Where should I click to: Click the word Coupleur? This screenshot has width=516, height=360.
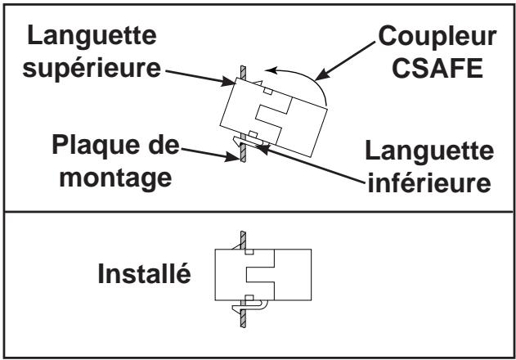[x=437, y=37]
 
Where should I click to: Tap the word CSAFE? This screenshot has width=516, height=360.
[x=437, y=68]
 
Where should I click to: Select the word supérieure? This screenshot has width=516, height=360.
[x=92, y=69]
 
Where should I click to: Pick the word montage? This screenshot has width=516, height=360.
[x=116, y=178]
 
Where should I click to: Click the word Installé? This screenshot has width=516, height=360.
[x=144, y=273]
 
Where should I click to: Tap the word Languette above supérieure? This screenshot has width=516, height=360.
[x=92, y=35]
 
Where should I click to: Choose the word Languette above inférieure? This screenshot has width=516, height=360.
[x=429, y=151]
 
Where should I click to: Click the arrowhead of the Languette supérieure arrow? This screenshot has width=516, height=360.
[x=228, y=81]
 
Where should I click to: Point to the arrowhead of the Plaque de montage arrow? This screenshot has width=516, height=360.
[x=231, y=156]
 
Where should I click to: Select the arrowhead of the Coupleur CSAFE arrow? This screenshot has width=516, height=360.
[x=322, y=74]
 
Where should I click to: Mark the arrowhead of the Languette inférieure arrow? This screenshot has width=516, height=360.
[x=262, y=149]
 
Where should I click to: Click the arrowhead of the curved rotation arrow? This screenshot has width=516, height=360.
[x=271, y=70]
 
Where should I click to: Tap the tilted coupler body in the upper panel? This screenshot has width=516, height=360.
[x=273, y=117]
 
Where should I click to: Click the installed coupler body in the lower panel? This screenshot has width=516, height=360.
[x=263, y=275]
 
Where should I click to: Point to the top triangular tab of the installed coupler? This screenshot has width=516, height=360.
[x=238, y=245]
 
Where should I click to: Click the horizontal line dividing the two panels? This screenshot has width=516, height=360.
[x=258, y=212]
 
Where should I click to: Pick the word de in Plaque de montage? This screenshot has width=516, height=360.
[x=164, y=146]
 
